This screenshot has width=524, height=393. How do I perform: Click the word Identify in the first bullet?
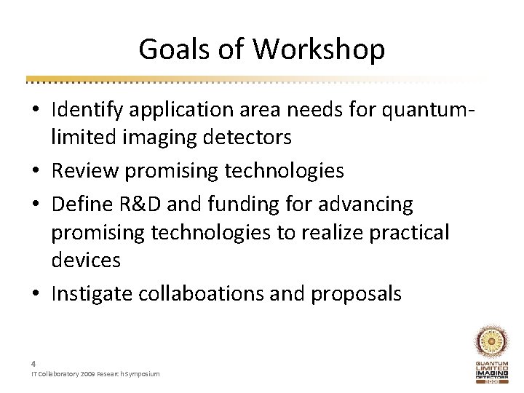(85, 111)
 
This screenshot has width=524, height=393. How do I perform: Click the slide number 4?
(33, 362)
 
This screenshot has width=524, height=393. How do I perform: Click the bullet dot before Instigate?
(36, 293)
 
